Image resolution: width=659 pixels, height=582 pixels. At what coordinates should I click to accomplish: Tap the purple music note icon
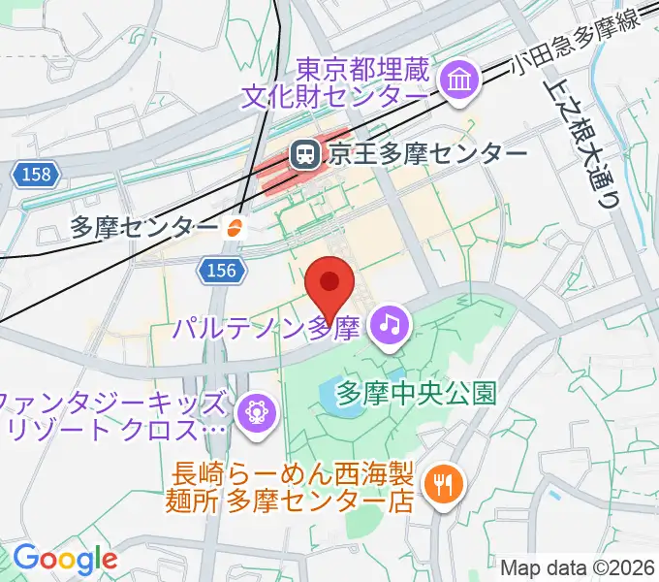pyautogui.click(x=391, y=323)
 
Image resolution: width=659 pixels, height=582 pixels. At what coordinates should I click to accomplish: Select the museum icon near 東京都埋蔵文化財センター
pyautogui.click(x=455, y=81)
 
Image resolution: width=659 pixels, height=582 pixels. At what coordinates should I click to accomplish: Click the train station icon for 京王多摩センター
pyautogui.click(x=304, y=153)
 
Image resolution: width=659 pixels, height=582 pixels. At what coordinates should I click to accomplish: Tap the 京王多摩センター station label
pyautogui.click(x=425, y=153)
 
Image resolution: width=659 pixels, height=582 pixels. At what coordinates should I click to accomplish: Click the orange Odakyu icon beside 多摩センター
pyautogui.click(x=234, y=229)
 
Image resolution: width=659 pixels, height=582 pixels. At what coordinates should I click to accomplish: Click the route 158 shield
pyautogui.click(x=38, y=175)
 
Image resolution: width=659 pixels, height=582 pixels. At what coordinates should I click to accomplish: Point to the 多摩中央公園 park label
pyautogui.click(x=416, y=392)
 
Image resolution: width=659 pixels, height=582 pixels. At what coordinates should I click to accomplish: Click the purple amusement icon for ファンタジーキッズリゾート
pyautogui.click(x=258, y=410)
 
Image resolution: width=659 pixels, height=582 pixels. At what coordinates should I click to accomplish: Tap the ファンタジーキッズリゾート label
pyautogui.click(x=116, y=414)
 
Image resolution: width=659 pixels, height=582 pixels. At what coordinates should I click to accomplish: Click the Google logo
pyautogui.click(x=64, y=559)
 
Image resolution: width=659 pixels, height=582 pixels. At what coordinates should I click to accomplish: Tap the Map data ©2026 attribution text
pyautogui.click(x=578, y=566)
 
